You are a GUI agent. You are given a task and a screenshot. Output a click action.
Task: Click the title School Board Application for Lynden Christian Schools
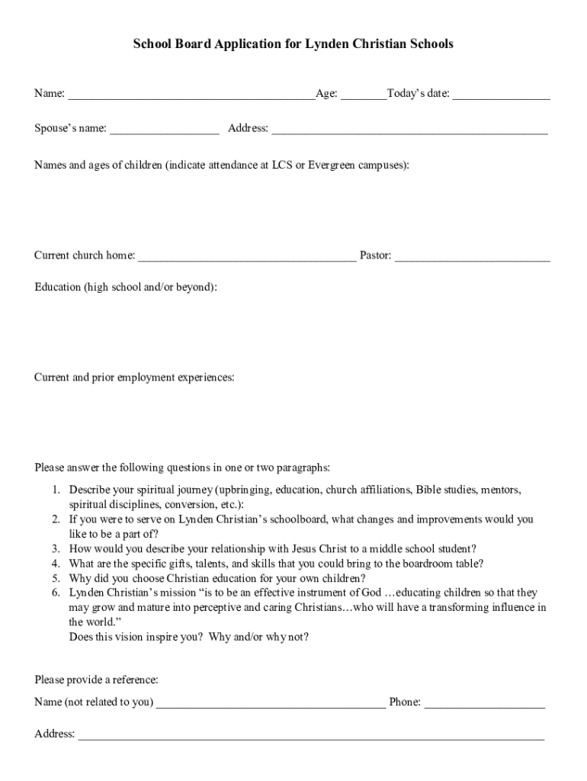(293, 44)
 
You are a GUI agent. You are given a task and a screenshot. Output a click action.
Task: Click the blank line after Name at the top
(191, 95)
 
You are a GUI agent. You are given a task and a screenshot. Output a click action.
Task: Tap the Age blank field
(364, 95)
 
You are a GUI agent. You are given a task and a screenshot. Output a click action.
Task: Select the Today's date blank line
(502, 95)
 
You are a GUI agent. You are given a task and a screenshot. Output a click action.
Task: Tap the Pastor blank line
(472, 257)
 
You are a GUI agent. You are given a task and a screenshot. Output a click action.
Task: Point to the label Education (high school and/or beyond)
(126, 287)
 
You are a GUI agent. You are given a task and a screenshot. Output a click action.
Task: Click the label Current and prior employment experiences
(134, 378)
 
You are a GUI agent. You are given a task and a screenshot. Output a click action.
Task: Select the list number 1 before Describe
(56, 490)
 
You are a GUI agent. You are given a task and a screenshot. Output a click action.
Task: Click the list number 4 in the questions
(56, 564)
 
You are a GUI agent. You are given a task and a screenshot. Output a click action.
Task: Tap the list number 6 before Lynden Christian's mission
(56, 593)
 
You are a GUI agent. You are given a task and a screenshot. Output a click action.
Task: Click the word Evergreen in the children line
(331, 164)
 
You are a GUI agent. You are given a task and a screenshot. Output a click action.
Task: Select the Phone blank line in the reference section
(485, 703)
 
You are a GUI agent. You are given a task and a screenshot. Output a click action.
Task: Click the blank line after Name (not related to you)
(271, 703)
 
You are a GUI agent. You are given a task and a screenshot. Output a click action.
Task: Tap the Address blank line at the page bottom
(311, 735)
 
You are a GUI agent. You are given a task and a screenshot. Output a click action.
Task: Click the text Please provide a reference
(96, 680)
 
